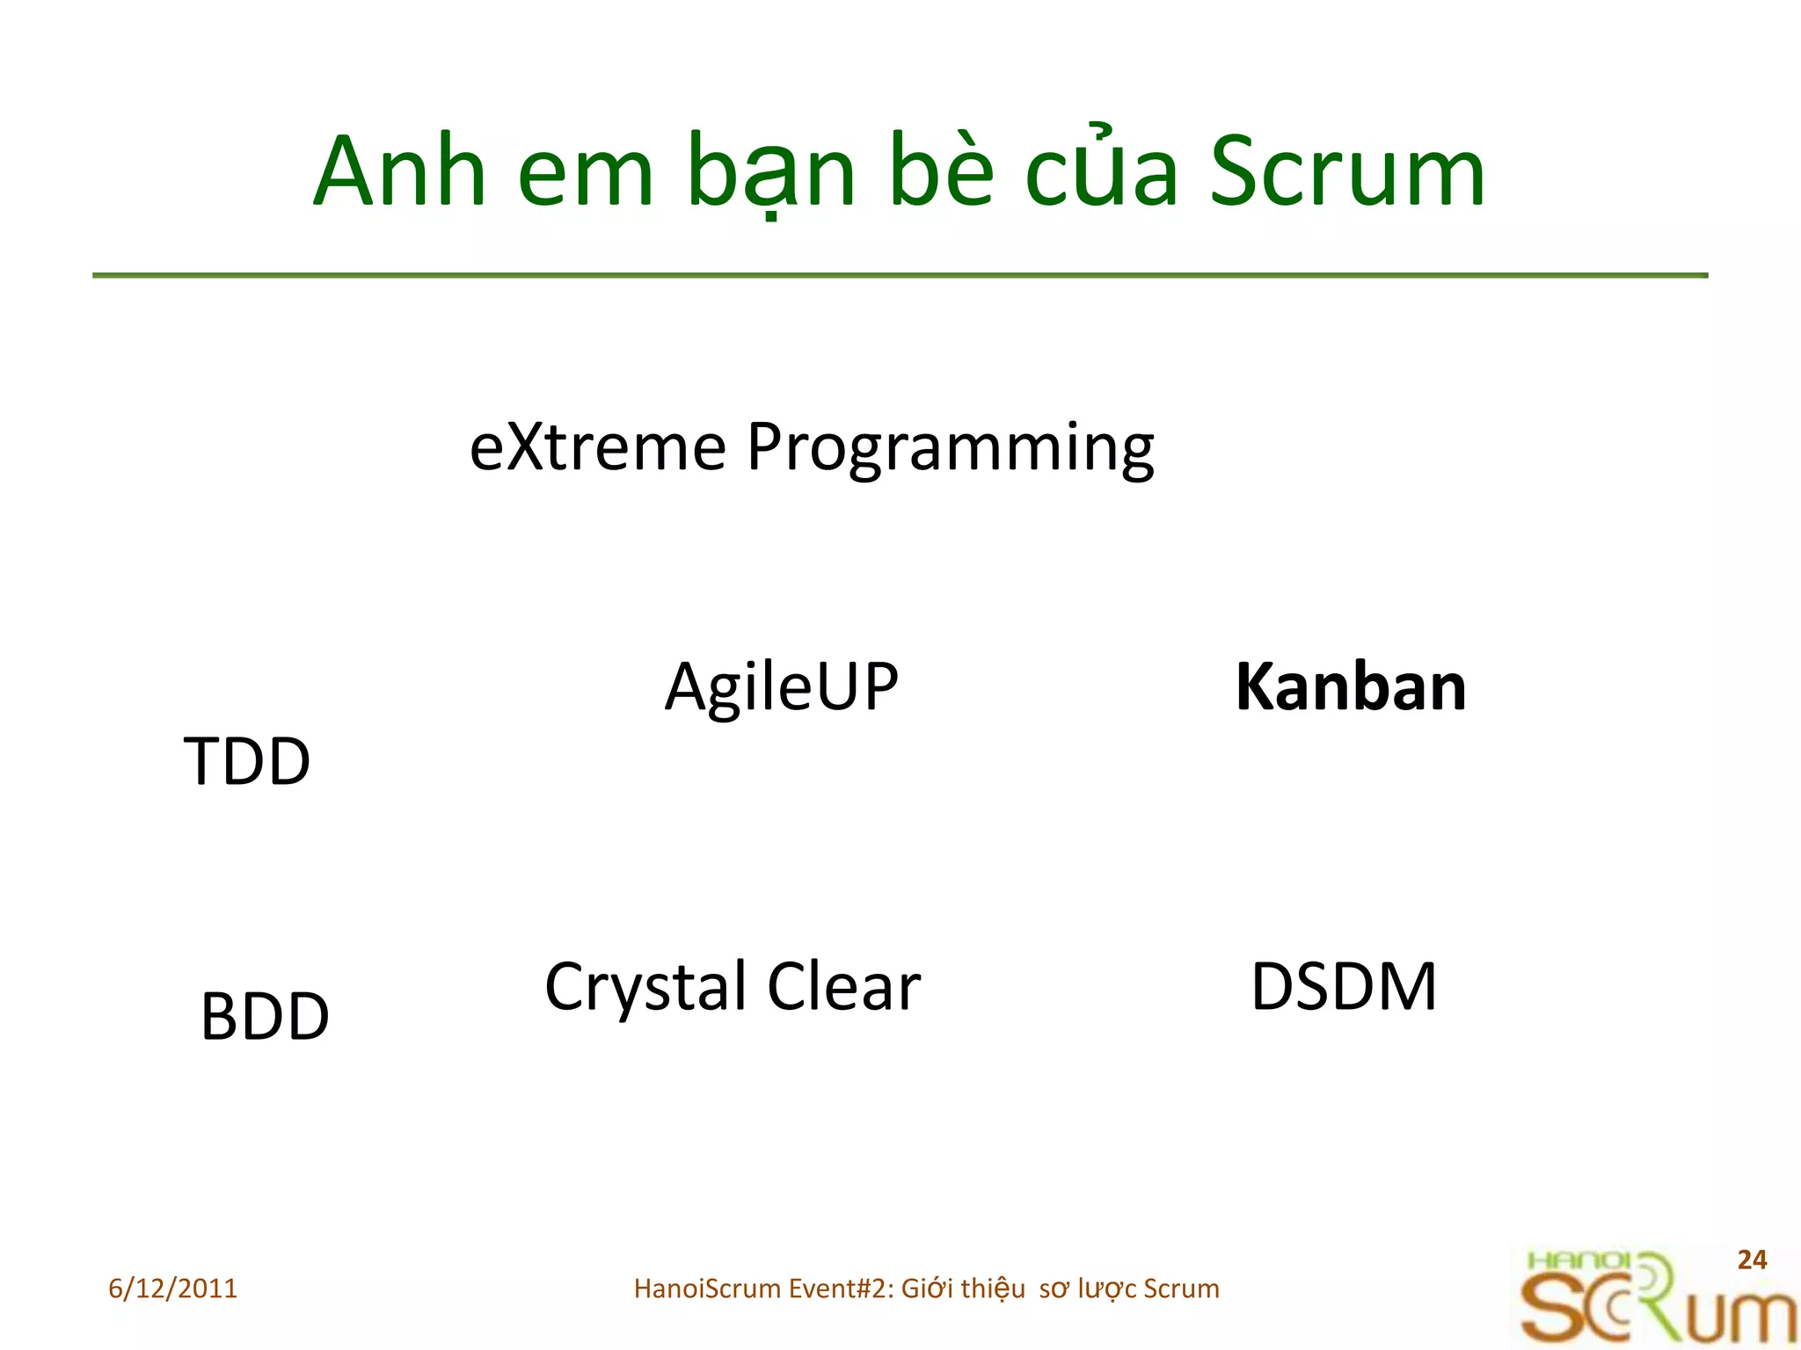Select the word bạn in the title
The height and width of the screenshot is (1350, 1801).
pos(771,173)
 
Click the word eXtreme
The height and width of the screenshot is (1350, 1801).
pos(597,447)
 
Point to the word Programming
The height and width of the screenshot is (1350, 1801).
pos(950,450)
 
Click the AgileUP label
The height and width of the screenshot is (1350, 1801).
pos(781,687)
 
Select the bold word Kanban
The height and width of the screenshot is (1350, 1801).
pos(1351,687)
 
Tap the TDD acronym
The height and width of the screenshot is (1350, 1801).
pos(247,761)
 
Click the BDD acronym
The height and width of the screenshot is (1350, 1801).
pos(265,1017)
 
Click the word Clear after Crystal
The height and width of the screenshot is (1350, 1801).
pos(843,987)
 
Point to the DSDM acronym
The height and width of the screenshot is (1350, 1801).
pos(1344,987)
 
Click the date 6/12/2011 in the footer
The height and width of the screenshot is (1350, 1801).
pos(172,1288)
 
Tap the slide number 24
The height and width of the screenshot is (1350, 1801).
pos(1752,1259)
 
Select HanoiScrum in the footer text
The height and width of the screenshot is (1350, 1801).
pos(707,1288)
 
